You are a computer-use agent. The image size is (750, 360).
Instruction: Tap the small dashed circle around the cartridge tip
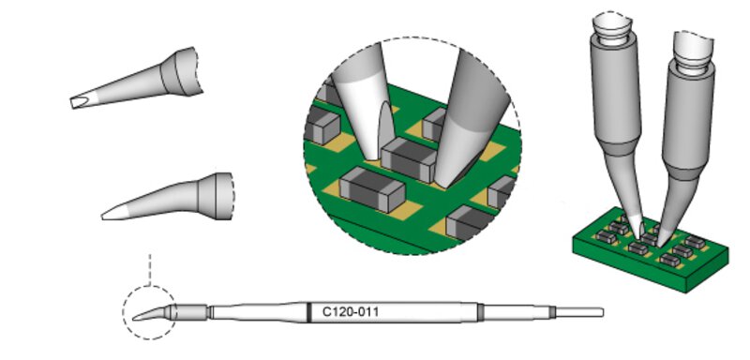[123, 313]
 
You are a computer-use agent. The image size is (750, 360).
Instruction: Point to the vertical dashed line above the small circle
[150, 270]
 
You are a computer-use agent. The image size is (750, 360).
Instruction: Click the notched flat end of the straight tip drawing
[79, 102]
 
